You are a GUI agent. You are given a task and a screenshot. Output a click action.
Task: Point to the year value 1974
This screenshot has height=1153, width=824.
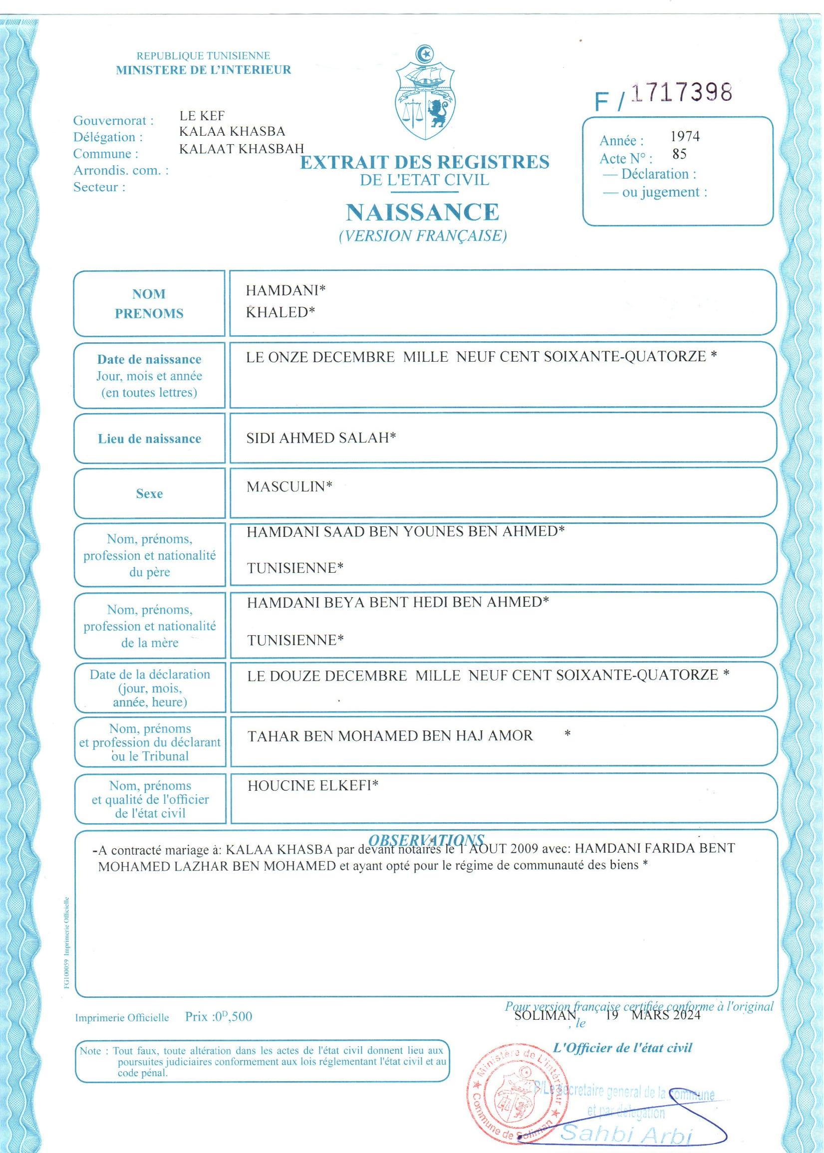(x=685, y=136)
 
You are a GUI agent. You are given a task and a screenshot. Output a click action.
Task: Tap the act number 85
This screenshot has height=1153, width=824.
(x=679, y=154)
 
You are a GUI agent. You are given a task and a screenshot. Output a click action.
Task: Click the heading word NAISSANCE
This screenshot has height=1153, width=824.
(x=423, y=212)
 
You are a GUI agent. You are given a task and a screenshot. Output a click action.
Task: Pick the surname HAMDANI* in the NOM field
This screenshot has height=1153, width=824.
(x=285, y=290)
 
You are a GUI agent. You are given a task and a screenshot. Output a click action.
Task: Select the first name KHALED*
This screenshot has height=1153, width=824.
(x=280, y=312)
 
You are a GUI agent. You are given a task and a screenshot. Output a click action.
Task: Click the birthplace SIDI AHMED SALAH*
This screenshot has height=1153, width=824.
(x=321, y=437)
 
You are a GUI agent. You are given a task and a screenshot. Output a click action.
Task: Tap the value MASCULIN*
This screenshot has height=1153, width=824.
(x=289, y=487)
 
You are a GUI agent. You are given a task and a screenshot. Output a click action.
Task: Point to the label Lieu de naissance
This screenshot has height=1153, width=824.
(x=150, y=439)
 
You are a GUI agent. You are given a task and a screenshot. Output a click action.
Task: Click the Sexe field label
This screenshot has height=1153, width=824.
(x=149, y=493)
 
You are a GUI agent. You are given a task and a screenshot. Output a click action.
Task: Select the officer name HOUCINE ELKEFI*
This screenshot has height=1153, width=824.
(x=313, y=786)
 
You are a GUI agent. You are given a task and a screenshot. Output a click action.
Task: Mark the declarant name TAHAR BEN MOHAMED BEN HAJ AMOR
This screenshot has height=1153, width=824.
(x=390, y=735)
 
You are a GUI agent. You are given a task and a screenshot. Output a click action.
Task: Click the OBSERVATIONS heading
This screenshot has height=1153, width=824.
(x=426, y=840)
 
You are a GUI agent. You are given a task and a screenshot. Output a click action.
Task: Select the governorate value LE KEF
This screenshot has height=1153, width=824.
(x=202, y=116)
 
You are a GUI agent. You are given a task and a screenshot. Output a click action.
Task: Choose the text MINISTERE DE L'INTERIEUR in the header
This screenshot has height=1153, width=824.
(x=204, y=70)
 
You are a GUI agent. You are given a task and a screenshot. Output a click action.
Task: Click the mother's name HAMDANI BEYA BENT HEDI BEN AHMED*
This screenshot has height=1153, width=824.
(x=398, y=602)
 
